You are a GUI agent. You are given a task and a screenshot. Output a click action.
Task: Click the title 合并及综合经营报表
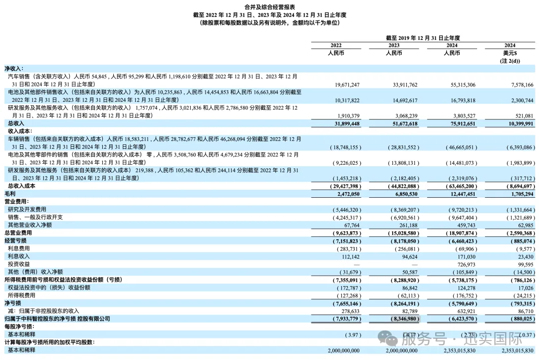click(269, 7)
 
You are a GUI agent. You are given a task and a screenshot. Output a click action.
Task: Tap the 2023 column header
click(394, 45)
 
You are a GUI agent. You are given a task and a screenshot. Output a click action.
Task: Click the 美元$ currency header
click(510, 53)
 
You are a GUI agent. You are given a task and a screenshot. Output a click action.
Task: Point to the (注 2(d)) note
click(510, 61)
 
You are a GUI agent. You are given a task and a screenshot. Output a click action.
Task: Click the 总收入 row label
click(15, 123)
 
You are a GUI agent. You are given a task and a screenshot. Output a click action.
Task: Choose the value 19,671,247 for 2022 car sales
click(344, 85)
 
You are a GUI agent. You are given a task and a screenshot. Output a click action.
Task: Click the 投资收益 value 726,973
click(463, 264)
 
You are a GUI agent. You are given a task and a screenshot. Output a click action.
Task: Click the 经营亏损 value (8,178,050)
click(402, 241)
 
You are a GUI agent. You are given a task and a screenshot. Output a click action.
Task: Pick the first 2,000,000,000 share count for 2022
click(338, 351)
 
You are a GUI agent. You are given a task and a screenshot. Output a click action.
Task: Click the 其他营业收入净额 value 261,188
click(405, 225)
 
